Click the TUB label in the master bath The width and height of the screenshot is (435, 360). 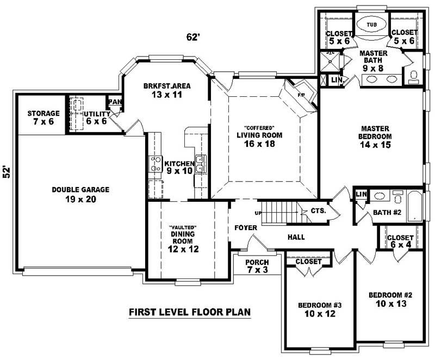click(x=371, y=25)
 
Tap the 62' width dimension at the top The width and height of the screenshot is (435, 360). click(x=192, y=37)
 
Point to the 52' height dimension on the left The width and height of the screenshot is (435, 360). click(x=7, y=173)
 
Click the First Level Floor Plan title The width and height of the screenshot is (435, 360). click(x=189, y=312)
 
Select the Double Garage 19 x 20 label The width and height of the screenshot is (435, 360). click(x=80, y=194)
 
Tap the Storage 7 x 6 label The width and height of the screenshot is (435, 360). click(x=43, y=117)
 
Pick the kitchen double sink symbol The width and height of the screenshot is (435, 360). click(x=200, y=164)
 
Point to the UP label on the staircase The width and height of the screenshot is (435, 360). click(x=259, y=213)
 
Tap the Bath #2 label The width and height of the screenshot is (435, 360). click(x=387, y=213)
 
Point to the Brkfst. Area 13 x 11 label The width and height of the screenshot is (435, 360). click(x=167, y=90)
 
